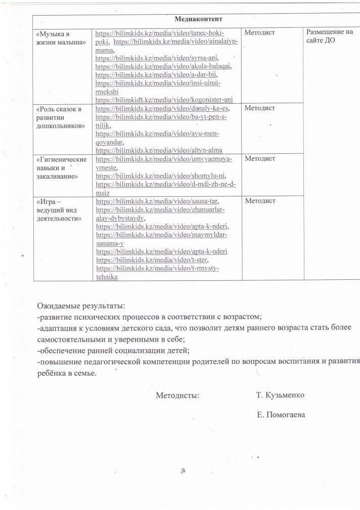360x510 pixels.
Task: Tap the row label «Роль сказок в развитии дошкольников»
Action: (x=61, y=117)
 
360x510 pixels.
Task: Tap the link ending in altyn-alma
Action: (x=159, y=150)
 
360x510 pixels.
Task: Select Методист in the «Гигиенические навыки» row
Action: (x=259, y=159)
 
